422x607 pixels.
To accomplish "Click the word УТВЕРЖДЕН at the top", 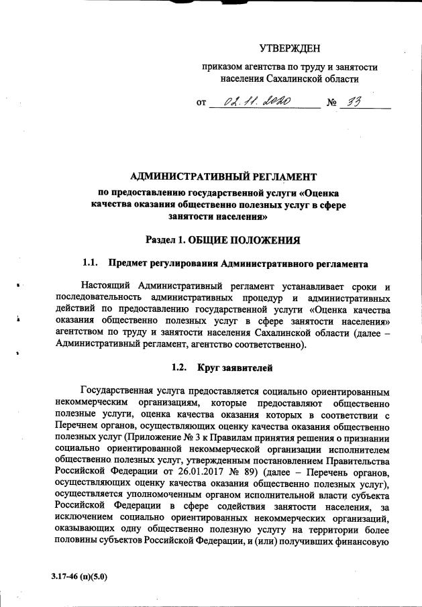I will [x=289, y=48].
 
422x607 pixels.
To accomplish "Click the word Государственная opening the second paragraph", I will [x=122, y=392].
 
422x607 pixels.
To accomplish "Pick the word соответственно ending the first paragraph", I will [x=266, y=346].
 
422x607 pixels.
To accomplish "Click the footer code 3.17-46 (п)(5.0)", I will [x=79, y=576].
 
